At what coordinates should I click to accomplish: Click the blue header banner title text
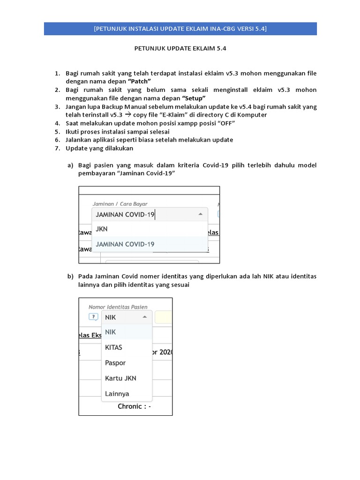tap(180, 29)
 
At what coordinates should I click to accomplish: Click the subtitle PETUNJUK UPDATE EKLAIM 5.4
tap(180, 48)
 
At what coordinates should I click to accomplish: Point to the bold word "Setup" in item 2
tap(194, 98)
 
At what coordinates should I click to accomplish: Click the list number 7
tap(57, 149)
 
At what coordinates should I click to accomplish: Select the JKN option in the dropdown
tap(102, 229)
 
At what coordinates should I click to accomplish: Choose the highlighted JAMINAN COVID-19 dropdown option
tap(125, 244)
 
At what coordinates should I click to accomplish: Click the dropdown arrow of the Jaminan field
tap(200, 214)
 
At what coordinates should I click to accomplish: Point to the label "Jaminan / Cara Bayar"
tap(120, 204)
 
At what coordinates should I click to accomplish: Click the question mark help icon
tap(93, 317)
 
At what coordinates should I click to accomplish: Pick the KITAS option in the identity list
tap(113, 347)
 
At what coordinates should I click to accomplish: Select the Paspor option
tap(115, 363)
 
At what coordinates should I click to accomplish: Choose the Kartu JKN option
tap(120, 378)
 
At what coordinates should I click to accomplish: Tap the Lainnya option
tap(117, 394)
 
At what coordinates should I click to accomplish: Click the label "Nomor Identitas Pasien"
tap(118, 307)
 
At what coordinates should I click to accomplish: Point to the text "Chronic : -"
tap(134, 406)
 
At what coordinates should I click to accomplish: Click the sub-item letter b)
tap(71, 277)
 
